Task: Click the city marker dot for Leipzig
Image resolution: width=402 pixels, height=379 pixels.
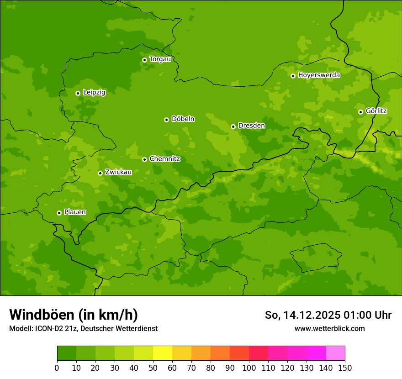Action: (x=78, y=93)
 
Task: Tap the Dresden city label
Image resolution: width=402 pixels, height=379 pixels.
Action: (x=251, y=126)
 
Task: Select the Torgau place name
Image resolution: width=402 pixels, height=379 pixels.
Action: (x=160, y=59)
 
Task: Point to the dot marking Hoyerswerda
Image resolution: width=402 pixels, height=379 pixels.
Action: (x=293, y=76)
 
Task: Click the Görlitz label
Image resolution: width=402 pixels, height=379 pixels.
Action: (x=376, y=111)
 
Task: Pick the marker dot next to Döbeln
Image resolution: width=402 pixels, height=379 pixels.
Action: (x=166, y=120)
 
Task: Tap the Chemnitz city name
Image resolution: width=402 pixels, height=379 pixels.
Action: (x=165, y=159)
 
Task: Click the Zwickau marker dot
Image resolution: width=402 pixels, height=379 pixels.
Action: (x=100, y=173)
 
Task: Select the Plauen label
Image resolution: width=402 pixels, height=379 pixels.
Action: (x=75, y=212)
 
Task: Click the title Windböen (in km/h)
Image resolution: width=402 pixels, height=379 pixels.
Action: (x=74, y=315)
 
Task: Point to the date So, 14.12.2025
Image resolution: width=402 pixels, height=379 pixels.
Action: (x=302, y=315)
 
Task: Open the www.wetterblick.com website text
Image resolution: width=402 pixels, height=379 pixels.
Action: (x=329, y=328)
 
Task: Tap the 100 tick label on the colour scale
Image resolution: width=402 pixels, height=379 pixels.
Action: (x=249, y=368)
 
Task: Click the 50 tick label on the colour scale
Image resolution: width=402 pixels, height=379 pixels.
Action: (x=153, y=368)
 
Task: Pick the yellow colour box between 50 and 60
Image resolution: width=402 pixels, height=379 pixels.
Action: (x=163, y=353)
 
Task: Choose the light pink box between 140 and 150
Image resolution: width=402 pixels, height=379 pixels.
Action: (x=335, y=353)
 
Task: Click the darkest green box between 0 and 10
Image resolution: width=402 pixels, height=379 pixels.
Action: (x=67, y=353)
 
